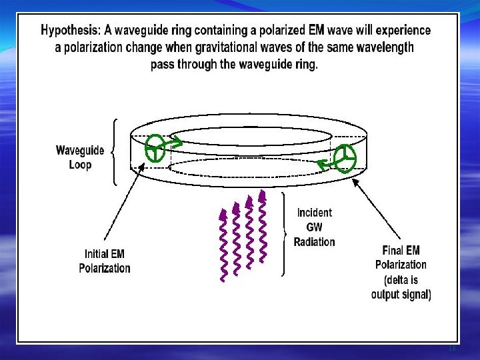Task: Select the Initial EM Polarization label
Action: pyautogui.click(x=105, y=261)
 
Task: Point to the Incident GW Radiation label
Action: pyautogui.click(x=315, y=227)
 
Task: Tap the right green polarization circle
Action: pyautogui.click(x=345, y=159)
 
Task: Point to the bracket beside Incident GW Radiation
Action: pyautogui.click(x=285, y=233)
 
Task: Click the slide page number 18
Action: pyautogui.click(x=452, y=349)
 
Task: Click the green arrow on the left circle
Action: pyautogui.click(x=175, y=142)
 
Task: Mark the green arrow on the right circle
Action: pyautogui.click(x=325, y=163)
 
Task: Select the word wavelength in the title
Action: pyautogui.click(x=383, y=47)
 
